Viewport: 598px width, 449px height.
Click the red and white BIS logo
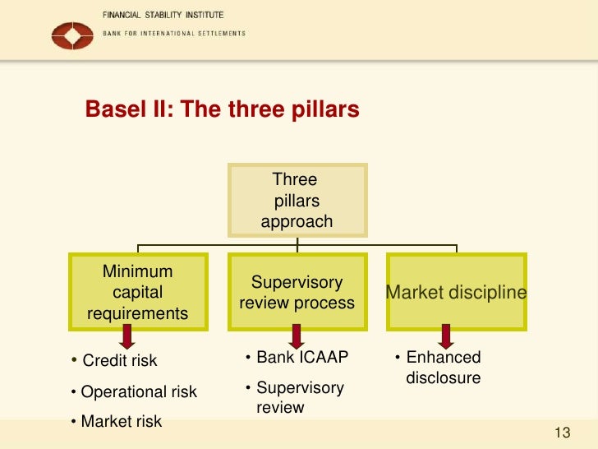(x=72, y=35)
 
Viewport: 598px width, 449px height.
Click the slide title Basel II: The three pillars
(x=223, y=109)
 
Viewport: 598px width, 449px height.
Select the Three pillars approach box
(x=297, y=201)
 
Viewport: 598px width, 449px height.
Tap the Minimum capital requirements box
(x=137, y=292)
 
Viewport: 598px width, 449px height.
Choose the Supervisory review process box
(x=297, y=292)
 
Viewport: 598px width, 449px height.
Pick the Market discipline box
(x=456, y=292)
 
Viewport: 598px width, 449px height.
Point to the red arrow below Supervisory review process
(x=297, y=336)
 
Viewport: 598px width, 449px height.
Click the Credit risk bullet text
(x=119, y=361)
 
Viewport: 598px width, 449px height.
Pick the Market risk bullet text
(x=121, y=422)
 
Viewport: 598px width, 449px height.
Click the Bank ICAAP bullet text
(x=301, y=358)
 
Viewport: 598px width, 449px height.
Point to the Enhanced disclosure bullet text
(x=443, y=368)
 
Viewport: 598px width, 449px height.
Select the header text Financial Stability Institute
(x=163, y=16)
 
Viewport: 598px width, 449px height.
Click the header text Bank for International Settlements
(x=173, y=34)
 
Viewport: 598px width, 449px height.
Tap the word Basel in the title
(x=114, y=109)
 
